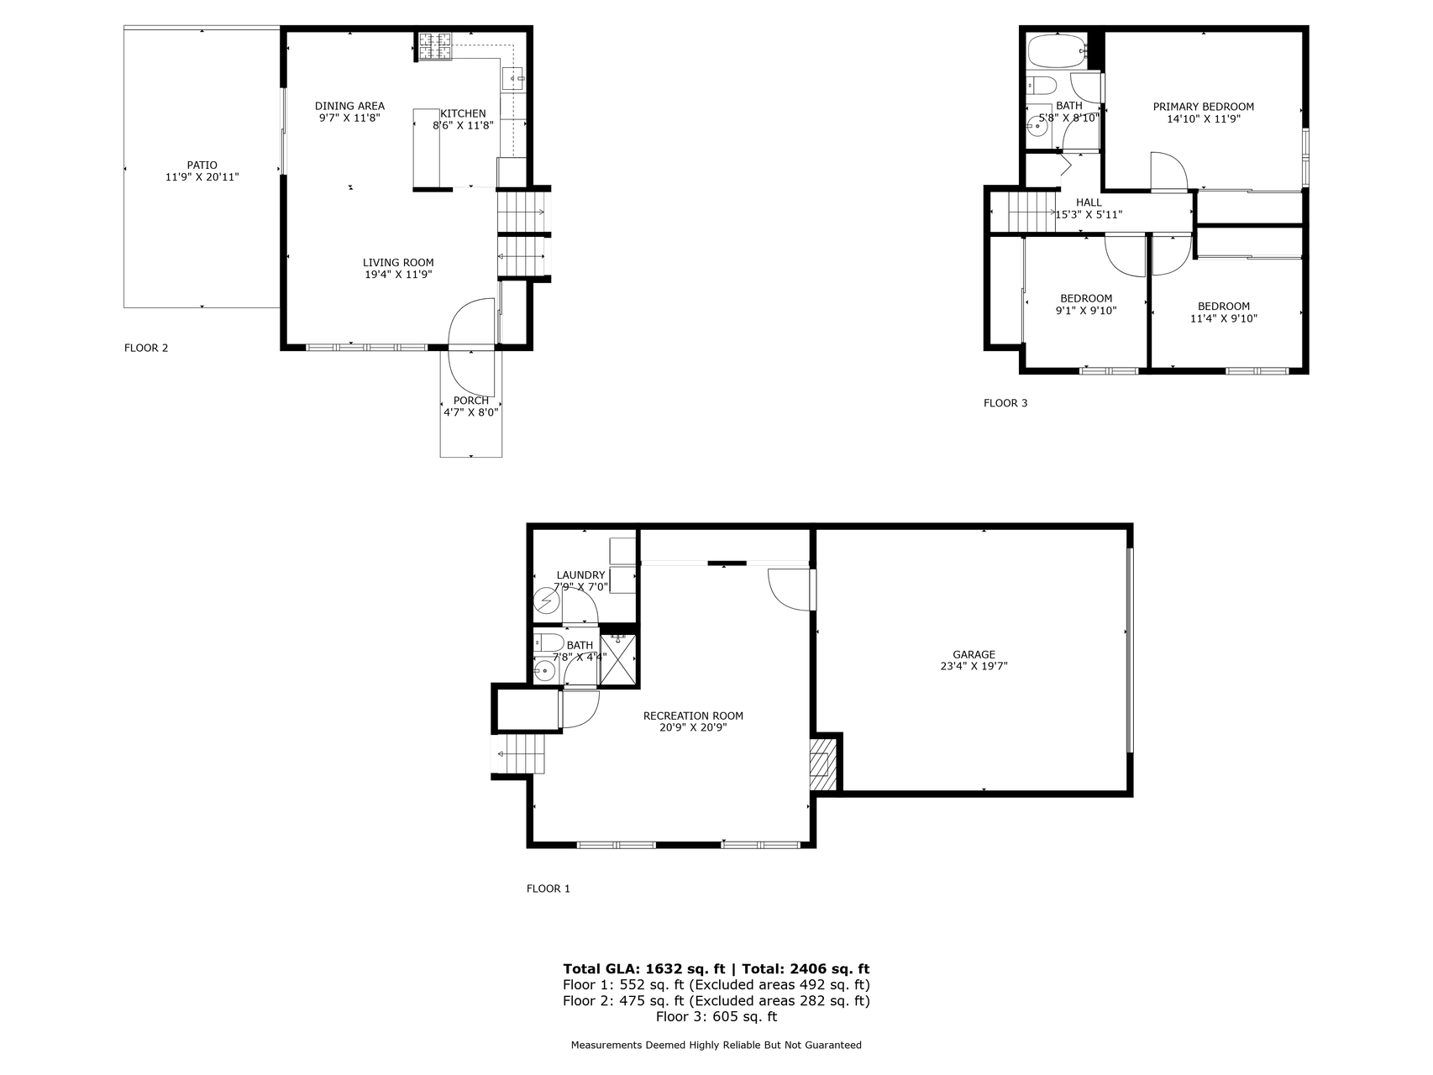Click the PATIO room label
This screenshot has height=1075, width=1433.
pyautogui.click(x=202, y=165)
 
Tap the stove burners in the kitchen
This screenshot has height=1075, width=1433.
pyautogui.click(x=436, y=46)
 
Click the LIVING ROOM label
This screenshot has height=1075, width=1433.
pyautogui.click(x=398, y=263)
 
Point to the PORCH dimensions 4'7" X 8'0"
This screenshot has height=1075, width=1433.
pyautogui.click(x=471, y=412)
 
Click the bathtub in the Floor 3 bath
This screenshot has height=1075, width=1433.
pyautogui.click(x=1057, y=51)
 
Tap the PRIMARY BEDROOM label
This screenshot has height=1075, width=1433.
pyautogui.click(x=1204, y=107)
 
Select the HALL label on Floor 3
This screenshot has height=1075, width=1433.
pyautogui.click(x=1089, y=202)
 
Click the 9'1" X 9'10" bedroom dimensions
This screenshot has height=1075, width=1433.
pyautogui.click(x=1086, y=310)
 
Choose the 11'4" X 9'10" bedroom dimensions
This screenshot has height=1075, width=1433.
pyautogui.click(x=1224, y=318)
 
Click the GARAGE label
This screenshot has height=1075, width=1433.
pyautogui.click(x=974, y=654)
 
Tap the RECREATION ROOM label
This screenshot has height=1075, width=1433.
pyautogui.click(x=693, y=716)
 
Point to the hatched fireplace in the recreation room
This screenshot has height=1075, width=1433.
pyautogui.click(x=823, y=763)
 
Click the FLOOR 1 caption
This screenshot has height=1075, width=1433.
pyautogui.click(x=549, y=889)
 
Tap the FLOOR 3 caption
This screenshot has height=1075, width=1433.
pyautogui.click(x=1005, y=403)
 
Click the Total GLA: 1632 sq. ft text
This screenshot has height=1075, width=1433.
pyautogui.click(x=644, y=969)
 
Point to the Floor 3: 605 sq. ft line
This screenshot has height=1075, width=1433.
pyautogui.click(x=716, y=1017)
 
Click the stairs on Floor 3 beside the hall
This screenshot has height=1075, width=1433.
pyautogui.click(x=1031, y=212)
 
